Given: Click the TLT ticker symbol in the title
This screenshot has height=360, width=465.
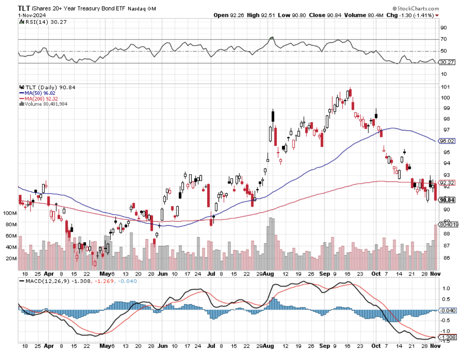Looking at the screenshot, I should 24,8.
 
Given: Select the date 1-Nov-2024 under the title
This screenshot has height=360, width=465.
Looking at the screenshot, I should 32,15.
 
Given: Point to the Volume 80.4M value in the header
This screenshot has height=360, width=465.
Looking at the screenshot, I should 364,15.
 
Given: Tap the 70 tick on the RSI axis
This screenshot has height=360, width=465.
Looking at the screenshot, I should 444,39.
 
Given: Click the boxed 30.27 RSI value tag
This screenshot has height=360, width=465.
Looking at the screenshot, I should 447,62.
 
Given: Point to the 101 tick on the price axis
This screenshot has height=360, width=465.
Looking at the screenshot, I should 445,87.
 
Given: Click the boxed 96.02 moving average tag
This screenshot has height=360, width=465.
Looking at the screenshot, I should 447,141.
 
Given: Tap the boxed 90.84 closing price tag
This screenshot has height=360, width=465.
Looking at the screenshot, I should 447,200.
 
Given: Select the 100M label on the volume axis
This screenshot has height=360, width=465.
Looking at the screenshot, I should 10,213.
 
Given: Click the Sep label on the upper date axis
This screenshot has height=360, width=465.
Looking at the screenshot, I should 324,274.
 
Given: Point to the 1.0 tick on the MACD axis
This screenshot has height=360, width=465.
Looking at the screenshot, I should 445,288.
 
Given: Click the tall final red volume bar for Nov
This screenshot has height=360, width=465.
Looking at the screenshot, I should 436,247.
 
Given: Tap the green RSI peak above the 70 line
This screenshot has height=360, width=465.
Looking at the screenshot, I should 272,38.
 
